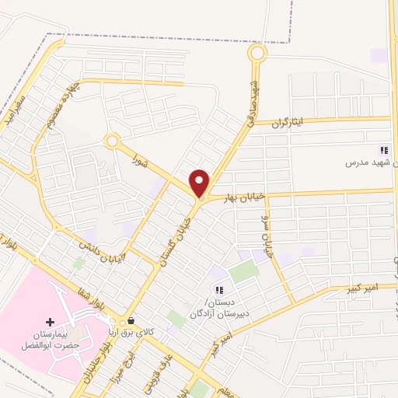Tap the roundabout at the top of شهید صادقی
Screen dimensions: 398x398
point(257,54)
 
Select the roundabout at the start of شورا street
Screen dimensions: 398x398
point(112,141)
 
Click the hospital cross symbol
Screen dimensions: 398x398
point(50,322)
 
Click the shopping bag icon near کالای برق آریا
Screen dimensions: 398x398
point(130,320)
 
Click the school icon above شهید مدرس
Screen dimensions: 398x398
point(382,150)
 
